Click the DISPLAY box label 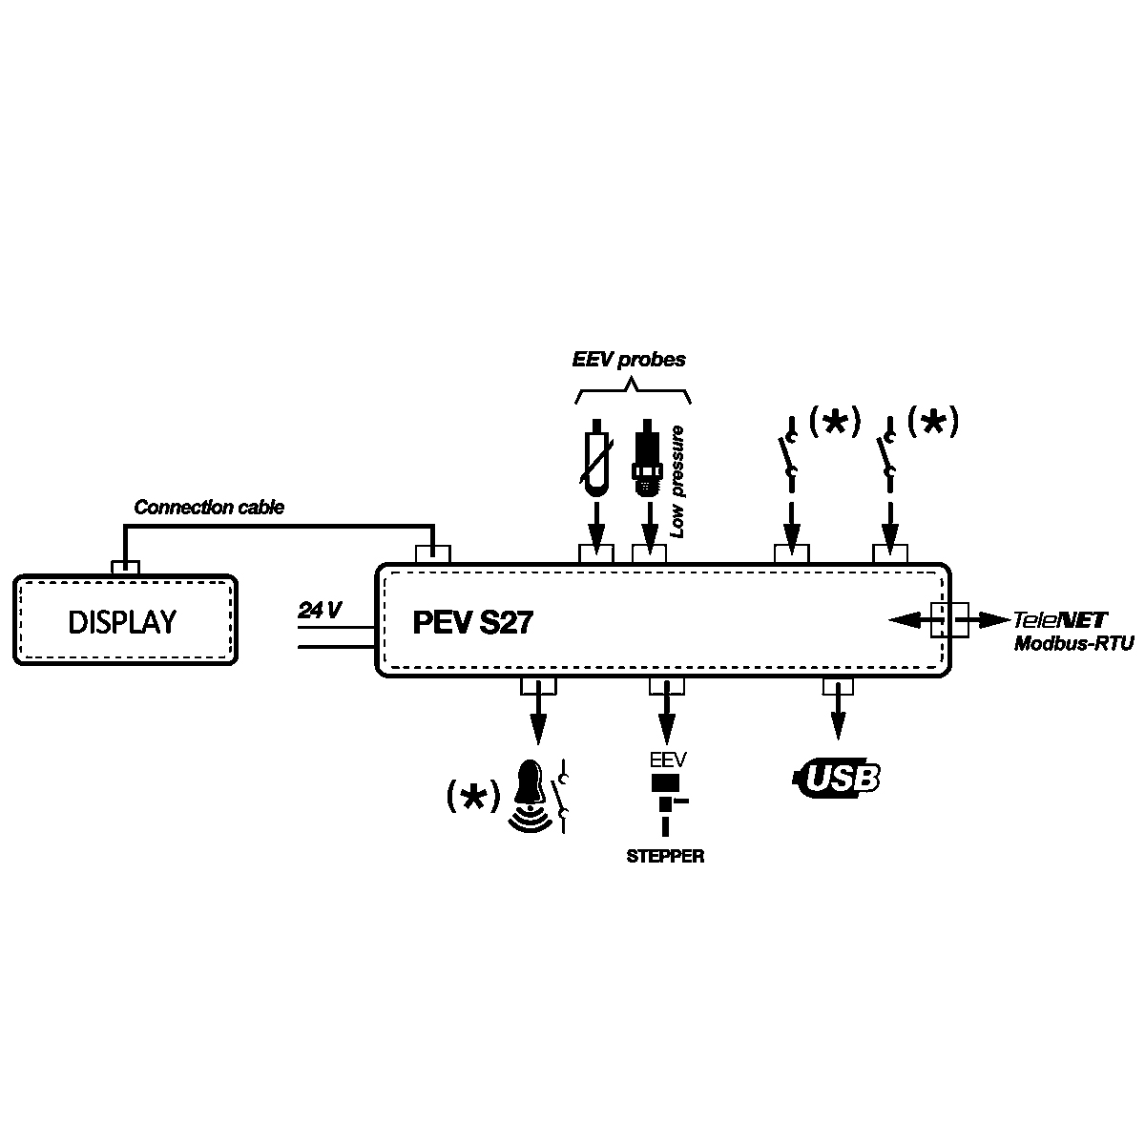(x=122, y=622)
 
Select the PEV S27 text (x=472, y=623)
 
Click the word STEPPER (x=665, y=857)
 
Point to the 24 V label (x=320, y=611)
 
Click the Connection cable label (x=209, y=508)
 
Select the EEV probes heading (x=629, y=361)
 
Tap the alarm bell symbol (x=531, y=794)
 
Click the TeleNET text (x=1060, y=619)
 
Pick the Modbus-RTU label (x=1073, y=644)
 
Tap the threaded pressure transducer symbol (x=646, y=461)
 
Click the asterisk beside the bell (x=473, y=797)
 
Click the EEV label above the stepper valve (x=667, y=761)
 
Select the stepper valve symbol (x=666, y=801)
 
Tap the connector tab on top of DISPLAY (x=126, y=567)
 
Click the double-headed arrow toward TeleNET (x=948, y=619)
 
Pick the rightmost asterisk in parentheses (x=932, y=421)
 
